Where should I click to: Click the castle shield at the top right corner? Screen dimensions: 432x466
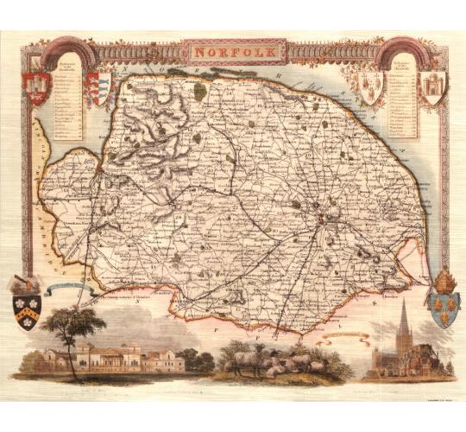[429, 87]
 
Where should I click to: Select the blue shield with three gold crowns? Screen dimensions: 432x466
[443, 308]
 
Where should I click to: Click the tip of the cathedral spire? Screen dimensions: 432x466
[403, 302]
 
